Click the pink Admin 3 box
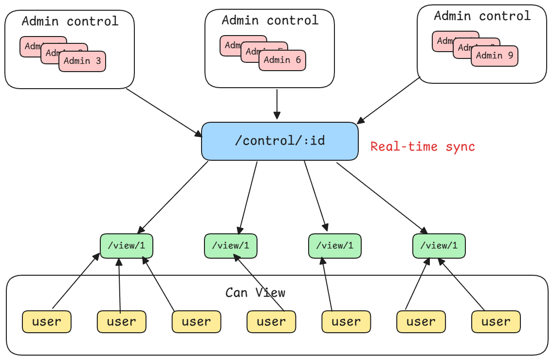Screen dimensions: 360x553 click(82, 61)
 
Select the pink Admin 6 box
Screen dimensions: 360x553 click(282, 60)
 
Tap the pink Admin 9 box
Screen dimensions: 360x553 click(495, 56)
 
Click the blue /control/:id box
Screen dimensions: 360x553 click(279, 141)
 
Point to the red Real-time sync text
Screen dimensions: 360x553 click(423, 147)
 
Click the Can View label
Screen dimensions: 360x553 click(255, 293)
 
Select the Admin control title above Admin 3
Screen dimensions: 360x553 click(70, 21)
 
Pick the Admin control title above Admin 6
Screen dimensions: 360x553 click(270, 20)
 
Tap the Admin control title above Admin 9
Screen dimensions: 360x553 click(482, 16)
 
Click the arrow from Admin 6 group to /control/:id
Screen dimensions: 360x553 click(276, 104)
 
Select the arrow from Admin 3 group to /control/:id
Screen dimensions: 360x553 click(164, 112)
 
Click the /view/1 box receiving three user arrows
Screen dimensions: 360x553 click(127, 246)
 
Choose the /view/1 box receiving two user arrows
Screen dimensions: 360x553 click(439, 246)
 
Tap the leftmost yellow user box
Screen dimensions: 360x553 click(47, 322)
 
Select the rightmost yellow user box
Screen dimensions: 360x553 click(496, 322)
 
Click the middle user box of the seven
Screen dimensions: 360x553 click(271, 322)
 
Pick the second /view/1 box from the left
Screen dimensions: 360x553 click(230, 246)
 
